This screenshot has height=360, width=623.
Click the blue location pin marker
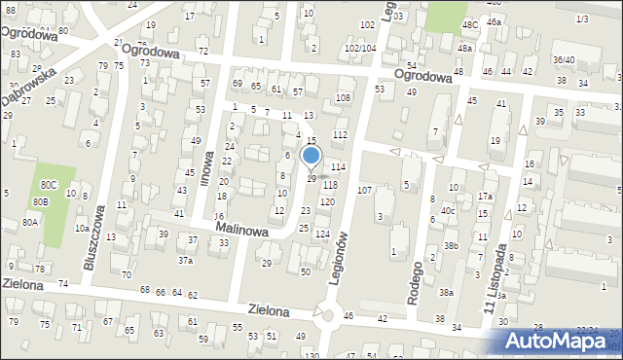pyautogui.click(x=311, y=156)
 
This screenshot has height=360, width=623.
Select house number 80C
pyautogui.click(x=48, y=184)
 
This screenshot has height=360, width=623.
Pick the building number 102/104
pyautogui.click(x=359, y=48)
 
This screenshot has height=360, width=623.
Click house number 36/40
pyautogui.click(x=564, y=59)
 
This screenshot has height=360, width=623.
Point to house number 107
pyautogui.click(x=365, y=190)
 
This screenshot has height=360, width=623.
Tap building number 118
pyautogui.click(x=330, y=185)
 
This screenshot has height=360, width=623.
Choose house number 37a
pyautogui.click(x=184, y=260)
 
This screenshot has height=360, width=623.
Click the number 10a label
pyautogui.click(x=82, y=227)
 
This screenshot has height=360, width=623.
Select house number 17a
pyautogui.click(x=485, y=197)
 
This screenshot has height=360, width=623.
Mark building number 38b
pyautogui.click(x=451, y=245)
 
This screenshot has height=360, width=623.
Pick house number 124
pyautogui.click(x=322, y=234)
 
